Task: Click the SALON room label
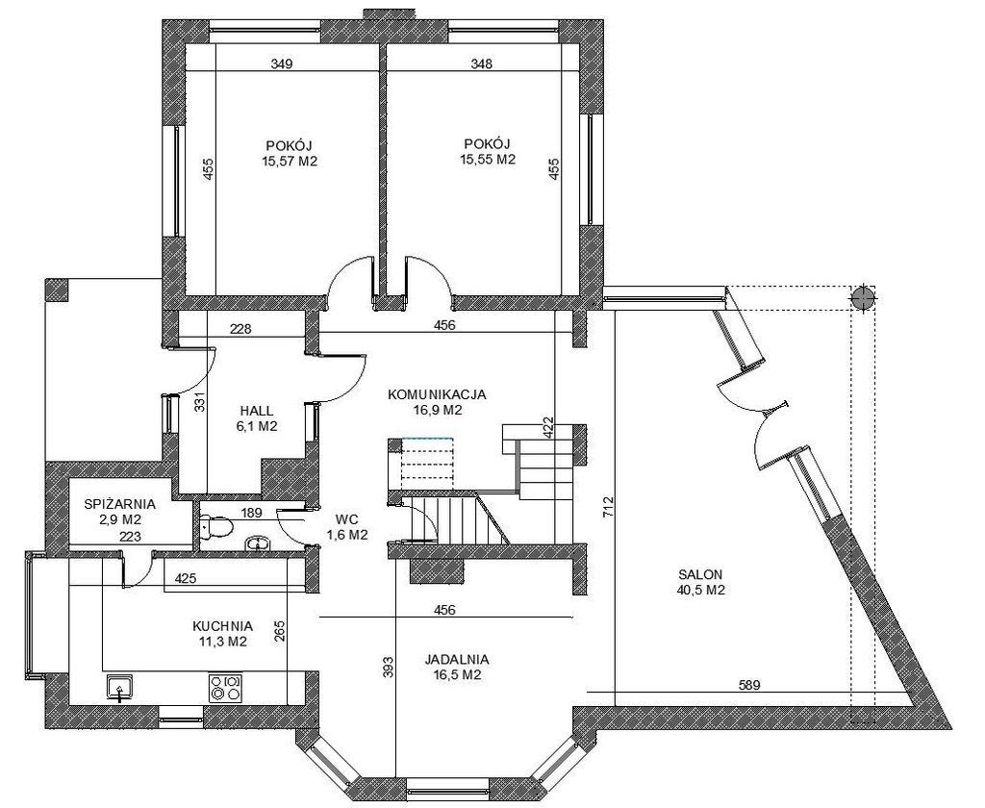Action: point(700,574)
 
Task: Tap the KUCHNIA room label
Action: point(222,626)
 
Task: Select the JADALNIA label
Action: point(457,660)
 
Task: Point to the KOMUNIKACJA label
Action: point(438,395)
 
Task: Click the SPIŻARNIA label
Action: point(119,504)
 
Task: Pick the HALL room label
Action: point(256,411)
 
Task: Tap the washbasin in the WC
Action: point(256,543)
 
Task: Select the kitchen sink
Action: point(118,688)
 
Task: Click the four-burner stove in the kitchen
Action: point(225,688)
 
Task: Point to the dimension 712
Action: point(608,507)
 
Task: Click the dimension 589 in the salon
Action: point(748,685)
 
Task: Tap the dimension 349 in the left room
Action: point(282,63)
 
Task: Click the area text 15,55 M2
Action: point(488,160)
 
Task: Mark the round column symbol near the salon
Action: point(863,298)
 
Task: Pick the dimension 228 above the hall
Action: point(240,328)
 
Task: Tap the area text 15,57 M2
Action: point(290,162)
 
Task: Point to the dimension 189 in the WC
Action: point(251,514)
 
